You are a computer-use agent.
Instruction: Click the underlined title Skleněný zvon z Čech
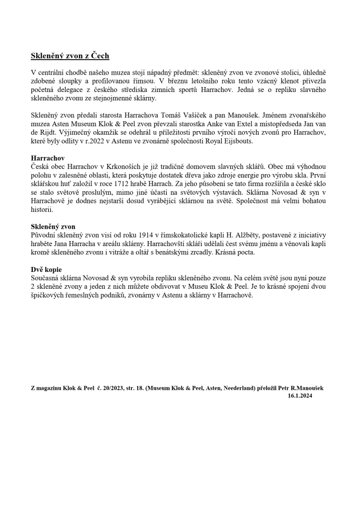pos(70,56)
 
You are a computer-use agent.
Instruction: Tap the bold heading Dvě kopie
pos(46,269)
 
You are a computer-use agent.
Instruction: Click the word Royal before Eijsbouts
pos(208,141)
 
